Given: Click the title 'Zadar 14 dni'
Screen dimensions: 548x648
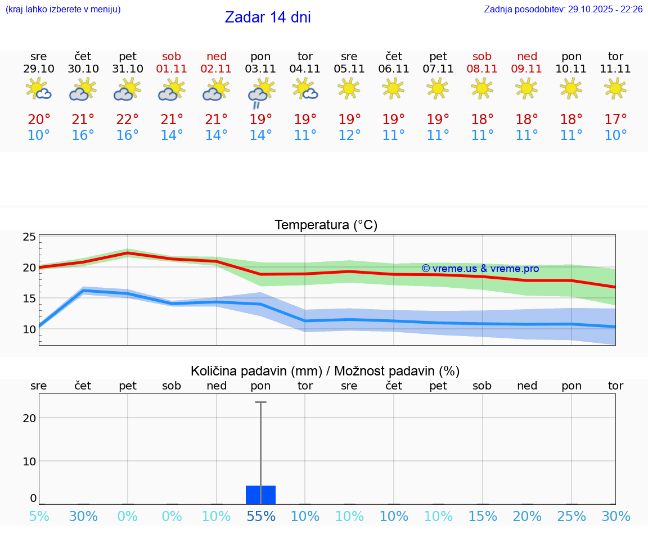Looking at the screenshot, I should point(268,17).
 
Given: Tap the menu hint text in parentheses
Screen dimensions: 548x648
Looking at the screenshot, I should point(63,10).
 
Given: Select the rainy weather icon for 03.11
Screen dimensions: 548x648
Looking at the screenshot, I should point(260,93).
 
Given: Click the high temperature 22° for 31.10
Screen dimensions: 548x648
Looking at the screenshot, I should point(128,120).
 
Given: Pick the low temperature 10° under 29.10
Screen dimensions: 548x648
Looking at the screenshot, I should point(39,135).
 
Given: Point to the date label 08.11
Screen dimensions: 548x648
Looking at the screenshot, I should point(482,69).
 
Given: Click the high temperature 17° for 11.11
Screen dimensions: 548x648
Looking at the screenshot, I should point(615,120).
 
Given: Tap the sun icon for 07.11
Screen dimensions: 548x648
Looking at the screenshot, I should point(438,88).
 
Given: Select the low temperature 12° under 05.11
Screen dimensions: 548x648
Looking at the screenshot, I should point(349,135).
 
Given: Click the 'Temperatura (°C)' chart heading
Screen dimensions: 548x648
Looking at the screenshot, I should point(326,225).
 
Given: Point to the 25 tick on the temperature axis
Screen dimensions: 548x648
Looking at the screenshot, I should point(29,237).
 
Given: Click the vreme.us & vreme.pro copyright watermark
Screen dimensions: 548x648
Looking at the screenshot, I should point(480,269).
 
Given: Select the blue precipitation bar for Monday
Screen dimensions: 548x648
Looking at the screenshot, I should point(260,495).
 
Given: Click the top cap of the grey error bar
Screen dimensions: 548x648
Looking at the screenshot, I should point(260,402).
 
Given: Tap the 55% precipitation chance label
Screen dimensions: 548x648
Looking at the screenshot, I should point(260,516).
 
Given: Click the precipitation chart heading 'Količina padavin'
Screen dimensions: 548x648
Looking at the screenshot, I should point(325,371).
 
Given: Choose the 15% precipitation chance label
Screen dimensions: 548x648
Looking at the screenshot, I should point(482,516).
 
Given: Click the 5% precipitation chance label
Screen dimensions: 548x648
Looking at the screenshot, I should point(39,516).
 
